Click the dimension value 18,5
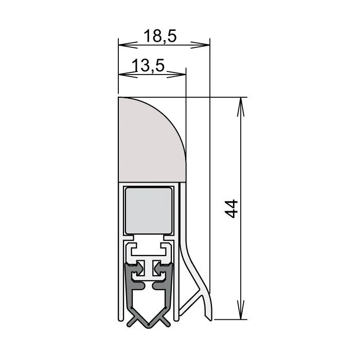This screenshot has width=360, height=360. coord(160,36)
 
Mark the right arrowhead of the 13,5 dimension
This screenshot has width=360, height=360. coord(182,74)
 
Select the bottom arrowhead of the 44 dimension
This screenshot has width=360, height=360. coord(239,315)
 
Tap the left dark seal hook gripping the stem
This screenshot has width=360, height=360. coord(138,268)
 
